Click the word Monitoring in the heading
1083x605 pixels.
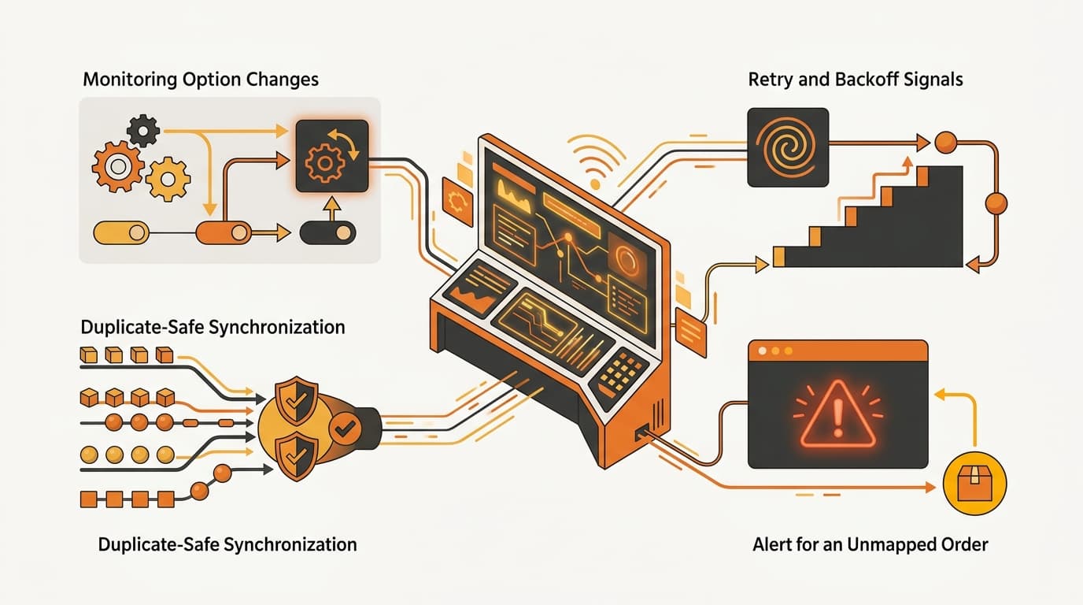(130, 80)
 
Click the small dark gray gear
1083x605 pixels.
(143, 131)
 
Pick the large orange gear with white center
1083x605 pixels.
(117, 166)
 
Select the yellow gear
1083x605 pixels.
(168, 179)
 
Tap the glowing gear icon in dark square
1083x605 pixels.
(332, 156)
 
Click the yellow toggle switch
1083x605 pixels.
(121, 233)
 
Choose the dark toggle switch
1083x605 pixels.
(327, 233)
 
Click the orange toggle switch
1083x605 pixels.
(224, 233)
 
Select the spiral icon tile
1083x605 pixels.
(788, 147)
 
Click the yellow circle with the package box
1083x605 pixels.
(974, 483)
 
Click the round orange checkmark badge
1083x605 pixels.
(346, 428)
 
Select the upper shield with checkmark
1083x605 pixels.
(296, 401)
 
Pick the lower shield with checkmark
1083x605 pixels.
(296, 455)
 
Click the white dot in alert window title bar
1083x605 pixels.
(763, 351)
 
